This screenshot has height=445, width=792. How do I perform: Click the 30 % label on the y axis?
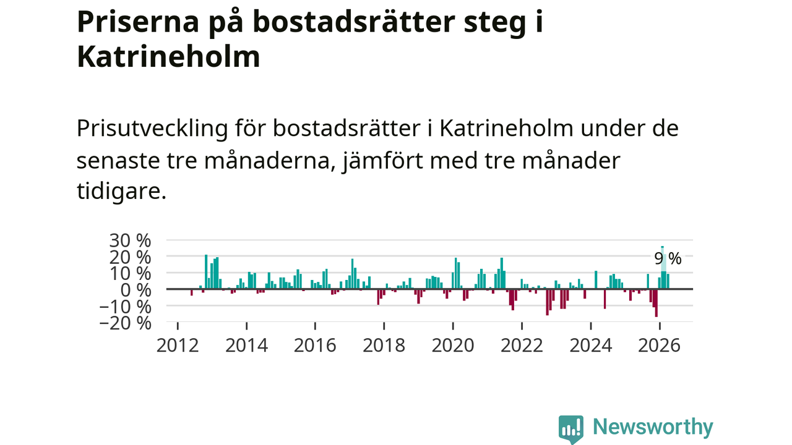[x=130, y=241]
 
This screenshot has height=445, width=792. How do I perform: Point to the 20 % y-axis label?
[x=130, y=258]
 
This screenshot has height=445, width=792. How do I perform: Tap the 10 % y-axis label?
[x=130, y=274]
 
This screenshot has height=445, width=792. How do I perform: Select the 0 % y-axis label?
[x=136, y=290]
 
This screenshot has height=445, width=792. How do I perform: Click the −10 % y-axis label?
[x=126, y=307]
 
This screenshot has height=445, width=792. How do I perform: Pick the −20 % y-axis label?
[x=126, y=323]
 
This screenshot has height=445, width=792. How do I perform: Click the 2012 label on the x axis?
[x=178, y=345]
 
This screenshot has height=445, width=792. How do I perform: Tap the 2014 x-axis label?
[x=246, y=345]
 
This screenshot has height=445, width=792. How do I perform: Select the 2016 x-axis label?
[x=315, y=345]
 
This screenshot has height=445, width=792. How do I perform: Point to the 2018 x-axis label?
[x=384, y=345]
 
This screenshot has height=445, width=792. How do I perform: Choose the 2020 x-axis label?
[x=453, y=345]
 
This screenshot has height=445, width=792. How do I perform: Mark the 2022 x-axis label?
[x=522, y=345]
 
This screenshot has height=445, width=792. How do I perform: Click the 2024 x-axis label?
[x=590, y=345]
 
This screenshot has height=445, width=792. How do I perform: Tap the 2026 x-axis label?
[x=659, y=345]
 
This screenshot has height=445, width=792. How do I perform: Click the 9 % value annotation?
[x=668, y=258]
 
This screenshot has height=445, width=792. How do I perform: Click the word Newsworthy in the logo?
[x=653, y=427]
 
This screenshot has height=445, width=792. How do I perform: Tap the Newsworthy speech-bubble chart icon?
[x=571, y=429]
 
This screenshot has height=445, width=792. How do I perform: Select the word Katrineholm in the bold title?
[x=169, y=56]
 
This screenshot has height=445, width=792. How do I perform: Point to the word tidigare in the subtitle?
[x=121, y=191]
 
